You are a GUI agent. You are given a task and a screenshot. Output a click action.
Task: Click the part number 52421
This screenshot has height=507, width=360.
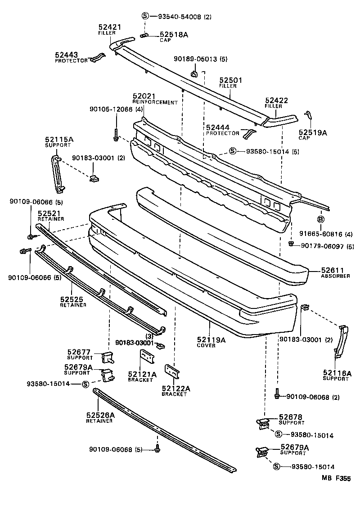point(110,27)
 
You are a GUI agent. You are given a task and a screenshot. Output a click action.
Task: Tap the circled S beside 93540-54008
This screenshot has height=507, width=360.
point(145,17)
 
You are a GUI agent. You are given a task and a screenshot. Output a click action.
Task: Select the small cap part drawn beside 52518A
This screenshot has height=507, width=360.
point(144,36)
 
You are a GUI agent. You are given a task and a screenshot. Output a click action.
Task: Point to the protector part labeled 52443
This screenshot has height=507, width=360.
point(97,58)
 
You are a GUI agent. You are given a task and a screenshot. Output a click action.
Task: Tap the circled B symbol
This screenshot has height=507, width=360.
point(321,219)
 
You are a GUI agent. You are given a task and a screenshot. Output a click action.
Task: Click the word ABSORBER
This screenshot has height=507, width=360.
point(335,276)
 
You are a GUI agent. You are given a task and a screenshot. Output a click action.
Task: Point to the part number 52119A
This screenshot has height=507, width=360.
point(211,340)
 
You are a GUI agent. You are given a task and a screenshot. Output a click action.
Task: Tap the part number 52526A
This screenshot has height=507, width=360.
point(100,415)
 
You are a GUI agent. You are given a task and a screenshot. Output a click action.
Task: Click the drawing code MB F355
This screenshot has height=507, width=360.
point(336,479)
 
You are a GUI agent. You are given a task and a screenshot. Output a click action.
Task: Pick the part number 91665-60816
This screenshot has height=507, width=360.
point(320,234)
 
